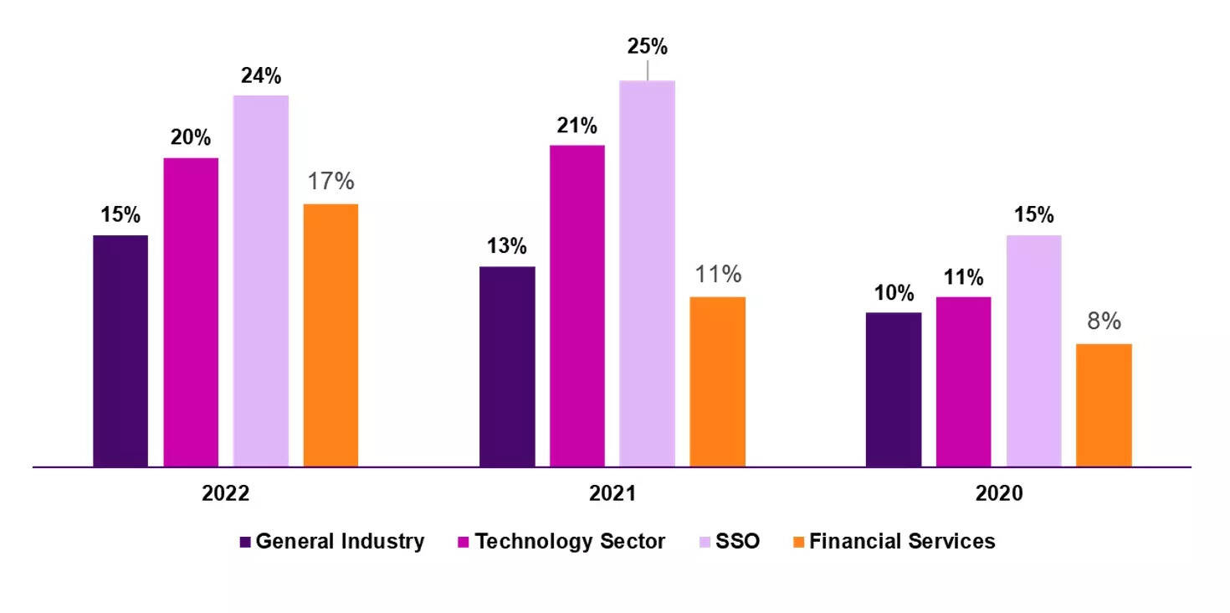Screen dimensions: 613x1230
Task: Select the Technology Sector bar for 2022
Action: tap(191, 312)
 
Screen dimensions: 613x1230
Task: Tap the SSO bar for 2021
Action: tap(647, 273)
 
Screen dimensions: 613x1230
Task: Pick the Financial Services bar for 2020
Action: tap(1104, 404)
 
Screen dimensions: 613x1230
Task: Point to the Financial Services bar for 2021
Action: tap(717, 381)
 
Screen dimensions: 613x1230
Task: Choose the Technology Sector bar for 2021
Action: tap(577, 305)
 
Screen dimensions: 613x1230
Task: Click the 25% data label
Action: tap(647, 47)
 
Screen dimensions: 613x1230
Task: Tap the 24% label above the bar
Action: tap(261, 76)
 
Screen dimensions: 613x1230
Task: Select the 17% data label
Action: tap(331, 181)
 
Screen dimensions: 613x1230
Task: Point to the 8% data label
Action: tap(1104, 322)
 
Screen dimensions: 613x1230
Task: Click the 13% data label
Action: tap(507, 246)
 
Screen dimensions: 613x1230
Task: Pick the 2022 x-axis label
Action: tap(226, 493)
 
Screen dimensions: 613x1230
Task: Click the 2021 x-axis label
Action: tap(612, 493)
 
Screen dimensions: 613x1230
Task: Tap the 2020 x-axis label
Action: tap(998, 493)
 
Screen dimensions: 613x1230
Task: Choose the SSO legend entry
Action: tap(730, 541)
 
